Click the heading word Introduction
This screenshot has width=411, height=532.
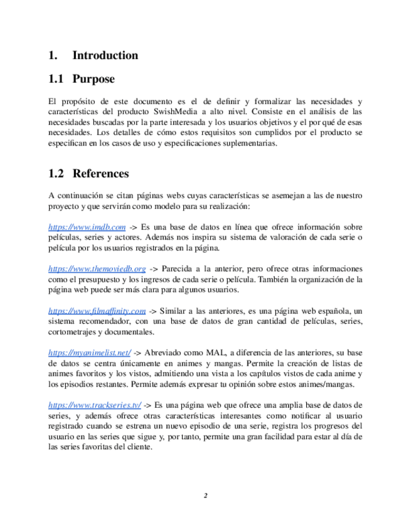105,55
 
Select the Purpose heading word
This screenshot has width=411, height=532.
93,79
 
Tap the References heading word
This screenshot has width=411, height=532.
100,173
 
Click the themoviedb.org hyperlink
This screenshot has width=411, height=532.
97,269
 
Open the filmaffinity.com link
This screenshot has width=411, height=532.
97,310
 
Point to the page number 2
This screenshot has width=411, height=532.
205,496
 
